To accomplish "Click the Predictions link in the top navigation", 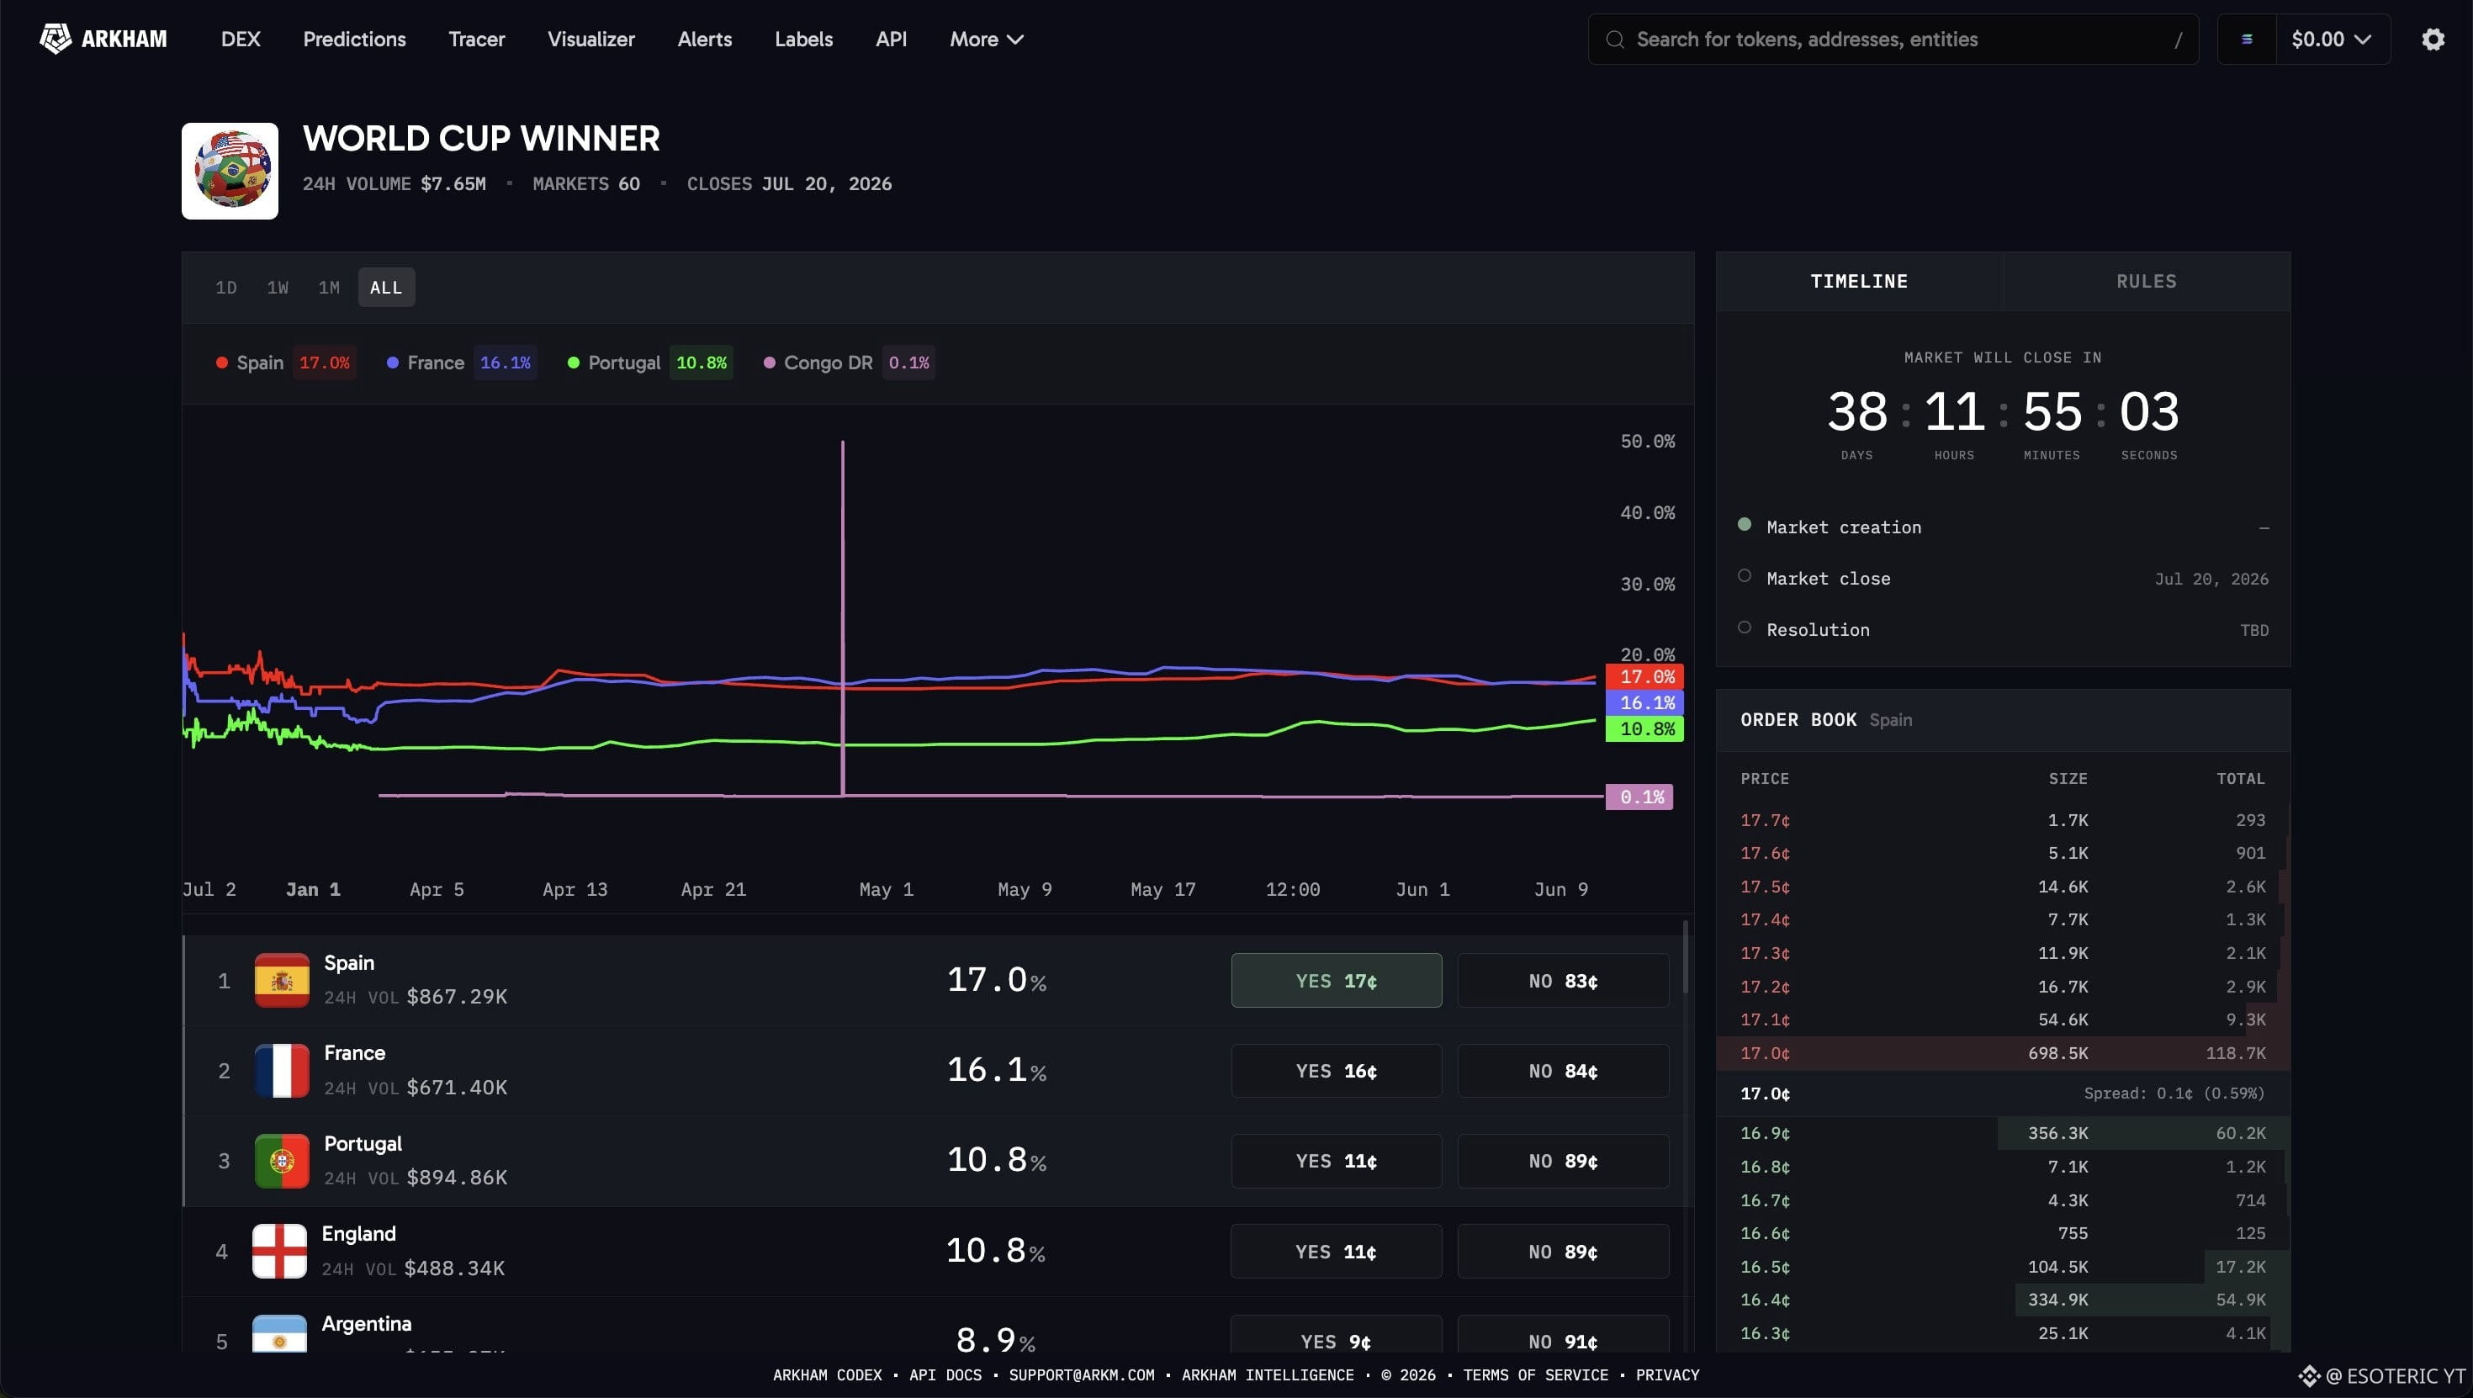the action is (354, 40).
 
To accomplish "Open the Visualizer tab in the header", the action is (591, 40).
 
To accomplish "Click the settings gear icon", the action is (2433, 40).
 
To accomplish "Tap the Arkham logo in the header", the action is (103, 40).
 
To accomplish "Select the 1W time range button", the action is (278, 287).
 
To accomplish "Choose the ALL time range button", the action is (386, 287).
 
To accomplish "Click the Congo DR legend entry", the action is (845, 363).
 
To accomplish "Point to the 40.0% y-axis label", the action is (1647, 513).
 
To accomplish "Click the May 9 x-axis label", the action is (1025, 889).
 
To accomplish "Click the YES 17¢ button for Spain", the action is (1337, 980).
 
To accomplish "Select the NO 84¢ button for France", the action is (1563, 1071).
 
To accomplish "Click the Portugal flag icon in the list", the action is (281, 1161).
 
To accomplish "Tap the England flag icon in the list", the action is (279, 1251).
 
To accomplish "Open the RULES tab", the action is (2147, 281).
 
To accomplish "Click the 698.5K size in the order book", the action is (2057, 1053).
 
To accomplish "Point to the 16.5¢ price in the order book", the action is (1765, 1268).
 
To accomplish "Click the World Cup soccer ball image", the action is (230, 171).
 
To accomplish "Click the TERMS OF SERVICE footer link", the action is (1535, 1375).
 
